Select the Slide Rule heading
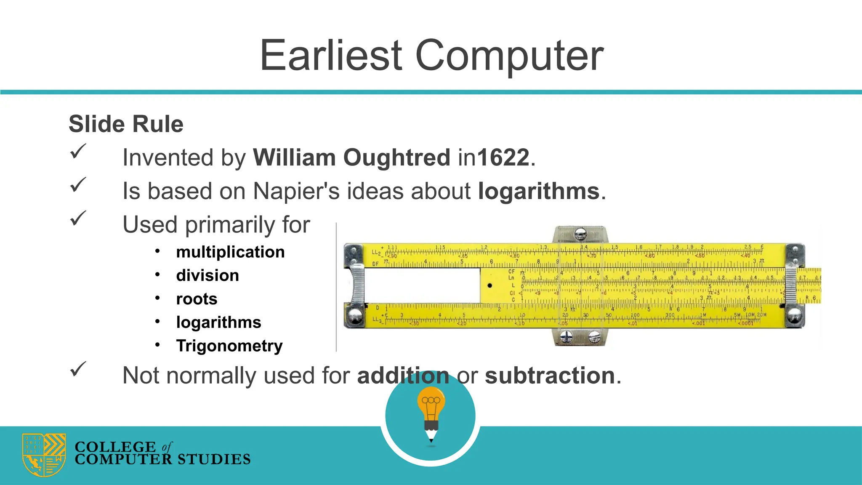126,124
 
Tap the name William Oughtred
351,157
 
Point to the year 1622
503,157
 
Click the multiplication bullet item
230,252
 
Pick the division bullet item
208,275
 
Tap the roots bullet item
197,299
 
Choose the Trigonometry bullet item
229,346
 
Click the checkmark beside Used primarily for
78,218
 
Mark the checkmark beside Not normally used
78,369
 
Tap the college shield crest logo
44,455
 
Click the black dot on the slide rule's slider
490,285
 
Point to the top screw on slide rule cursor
580,232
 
